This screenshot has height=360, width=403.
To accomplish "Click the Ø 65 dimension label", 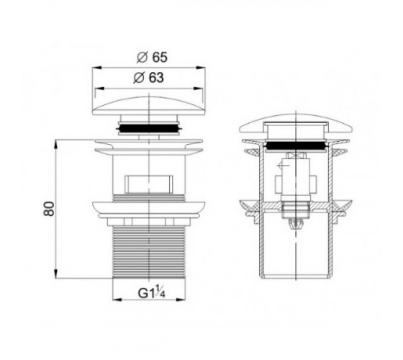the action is pos(152,57).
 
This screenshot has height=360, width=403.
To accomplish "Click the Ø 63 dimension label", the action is pos(148,78).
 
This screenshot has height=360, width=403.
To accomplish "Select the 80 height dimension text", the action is pos(49,209).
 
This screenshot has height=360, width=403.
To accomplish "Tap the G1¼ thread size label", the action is pos(151,293).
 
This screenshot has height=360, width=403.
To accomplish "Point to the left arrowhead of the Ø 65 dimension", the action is pos(96,68).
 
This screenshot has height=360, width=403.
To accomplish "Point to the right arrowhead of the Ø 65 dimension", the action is pos(201,68).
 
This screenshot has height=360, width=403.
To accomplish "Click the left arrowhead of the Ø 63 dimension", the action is pos(99,89).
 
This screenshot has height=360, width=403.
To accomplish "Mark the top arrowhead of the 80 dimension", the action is pos(56,144).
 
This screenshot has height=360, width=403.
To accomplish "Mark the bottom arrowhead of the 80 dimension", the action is pos(56,274).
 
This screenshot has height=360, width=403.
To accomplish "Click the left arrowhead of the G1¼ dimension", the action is pos(117,300).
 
